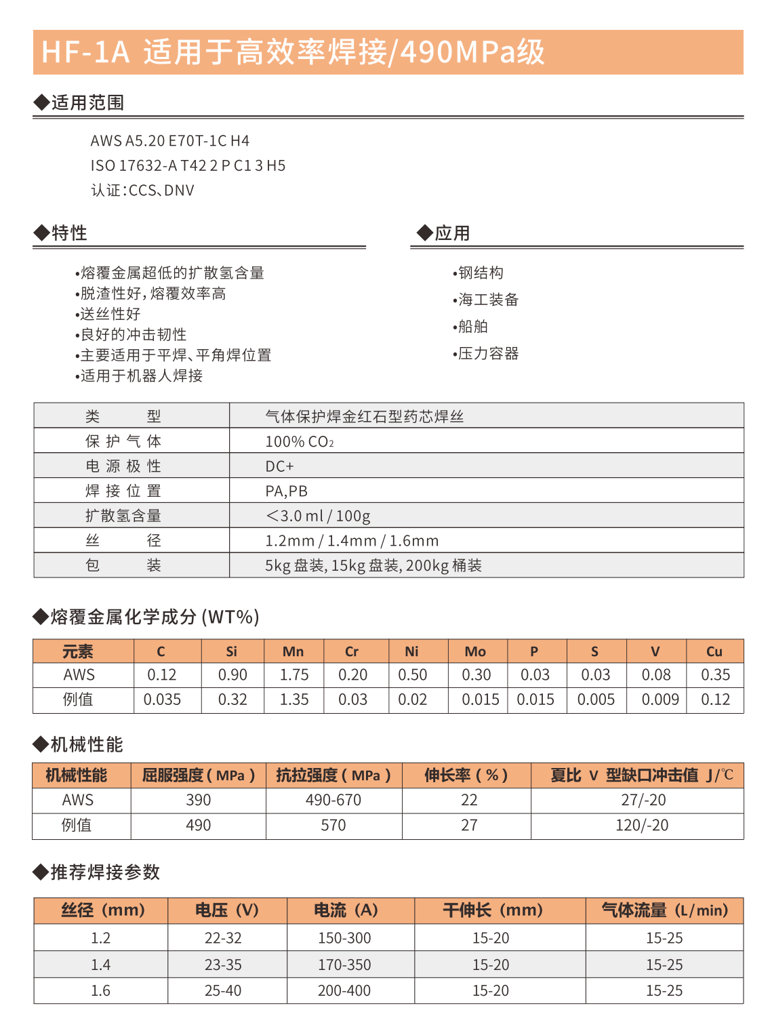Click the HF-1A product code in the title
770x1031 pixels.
point(85,52)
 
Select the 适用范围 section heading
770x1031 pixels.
point(87,103)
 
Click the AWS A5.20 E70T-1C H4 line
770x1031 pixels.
point(169,141)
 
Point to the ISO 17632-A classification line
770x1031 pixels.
point(188,165)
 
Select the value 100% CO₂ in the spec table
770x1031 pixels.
point(299,442)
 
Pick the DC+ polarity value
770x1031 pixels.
point(279,466)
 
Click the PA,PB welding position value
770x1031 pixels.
point(286,491)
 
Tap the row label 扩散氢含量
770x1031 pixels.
point(123,516)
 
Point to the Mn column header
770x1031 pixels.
point(293,651)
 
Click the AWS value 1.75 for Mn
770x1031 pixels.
point(294,675)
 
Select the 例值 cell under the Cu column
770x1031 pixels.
point(715,700)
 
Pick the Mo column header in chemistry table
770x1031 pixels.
point(475,651)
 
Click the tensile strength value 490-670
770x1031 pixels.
point(333,801)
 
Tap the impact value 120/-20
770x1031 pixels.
point(641,826)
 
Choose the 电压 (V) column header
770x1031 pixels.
point(226,910)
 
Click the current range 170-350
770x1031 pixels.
point(344,965)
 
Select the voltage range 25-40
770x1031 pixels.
point(223,991)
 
